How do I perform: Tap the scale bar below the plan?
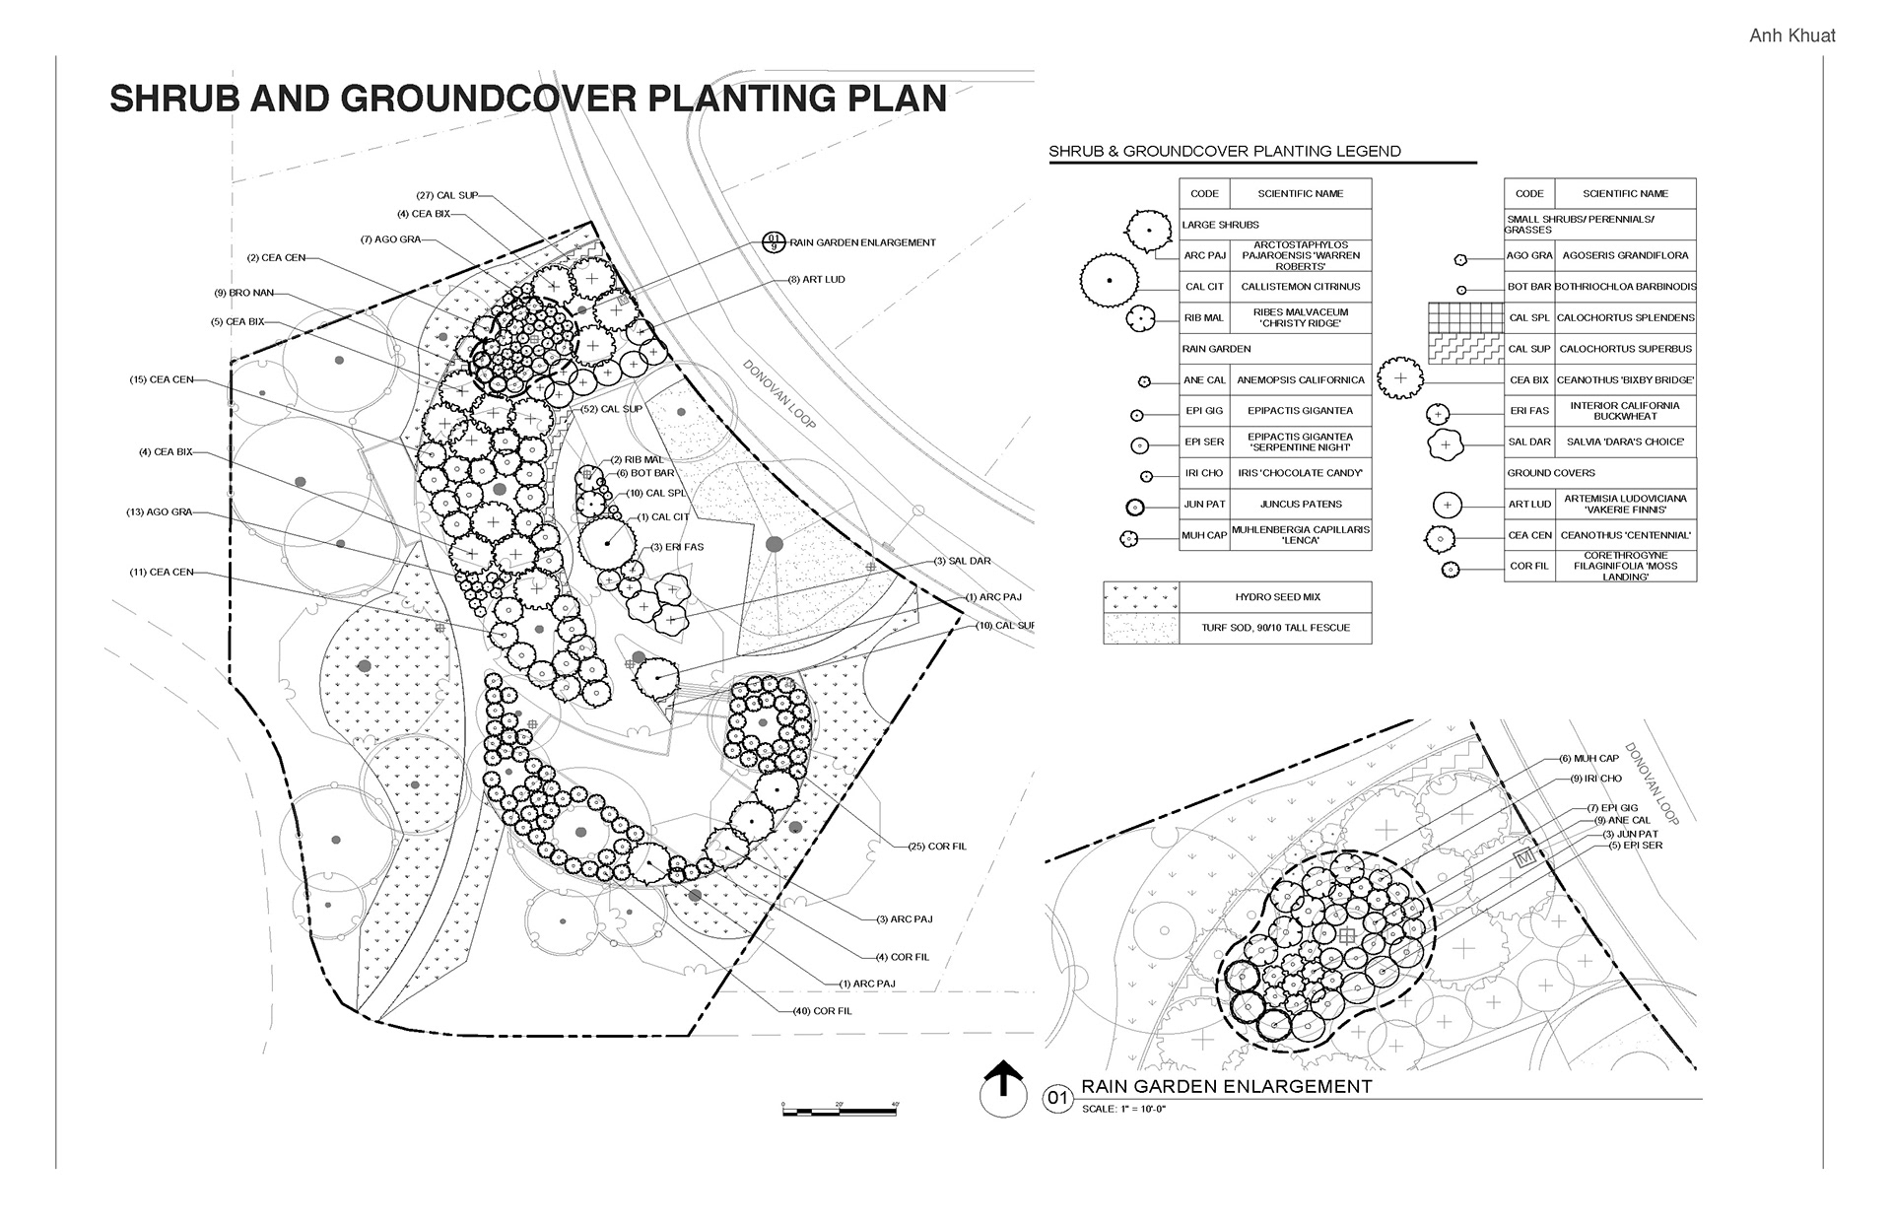pos(840,1112)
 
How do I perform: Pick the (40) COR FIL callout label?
pos(822,1011)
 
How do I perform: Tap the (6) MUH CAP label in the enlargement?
pos(1588,759)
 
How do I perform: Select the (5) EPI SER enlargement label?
pos(1635,846)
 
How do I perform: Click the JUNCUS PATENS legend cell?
pos(1301,505)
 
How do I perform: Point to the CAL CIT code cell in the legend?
pos(1204,287)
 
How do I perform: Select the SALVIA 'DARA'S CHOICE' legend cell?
pos(1625,442)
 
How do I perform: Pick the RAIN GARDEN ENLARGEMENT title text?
pos(1226,1087)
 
